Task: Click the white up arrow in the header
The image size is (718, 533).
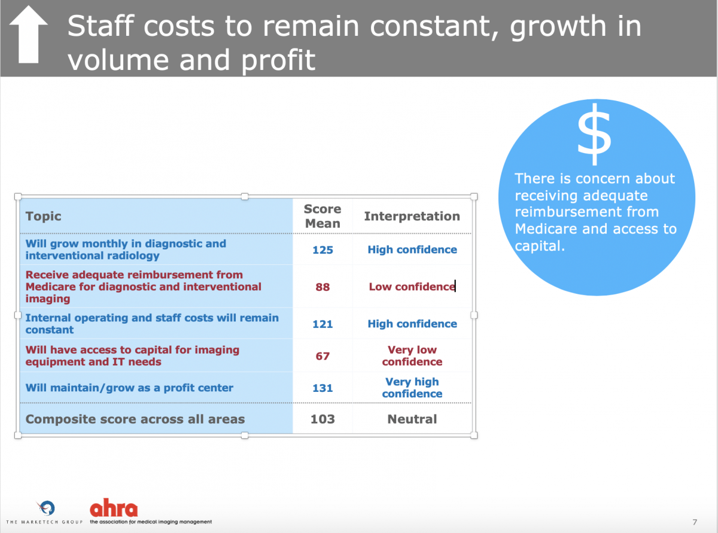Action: (x=29, y=34)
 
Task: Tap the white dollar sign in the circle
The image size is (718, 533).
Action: (x=594, y=134)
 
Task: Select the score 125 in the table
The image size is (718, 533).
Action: (x=323, y=250)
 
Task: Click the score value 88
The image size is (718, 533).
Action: (x=323, y=287)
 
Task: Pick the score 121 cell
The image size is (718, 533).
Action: (x=323, y=324)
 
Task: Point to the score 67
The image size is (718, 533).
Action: (x=323, y=356)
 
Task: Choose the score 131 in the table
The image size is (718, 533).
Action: (x=323, y=388)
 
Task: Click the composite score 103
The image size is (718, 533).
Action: (x=323, y=419)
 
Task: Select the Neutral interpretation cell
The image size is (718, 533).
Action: (x=412, y=419)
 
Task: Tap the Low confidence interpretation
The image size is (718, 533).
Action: (x=412, y=287)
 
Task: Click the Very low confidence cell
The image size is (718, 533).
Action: (x=412, y=356)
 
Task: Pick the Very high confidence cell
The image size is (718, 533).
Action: (x=412, y=388)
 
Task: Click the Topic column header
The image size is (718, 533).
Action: (x=43, y=216)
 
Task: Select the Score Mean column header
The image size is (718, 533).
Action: (x=323, y=216)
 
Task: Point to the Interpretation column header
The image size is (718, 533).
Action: (x=412, y=216)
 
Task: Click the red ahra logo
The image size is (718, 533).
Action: (x=114, y=508)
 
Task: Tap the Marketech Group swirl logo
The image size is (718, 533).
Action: (x=46, y=508)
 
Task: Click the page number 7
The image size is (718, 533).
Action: (x=695, y=522)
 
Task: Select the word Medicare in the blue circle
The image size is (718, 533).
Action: (x=546, y=229)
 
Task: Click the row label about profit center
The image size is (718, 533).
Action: (x=129, y=388)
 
